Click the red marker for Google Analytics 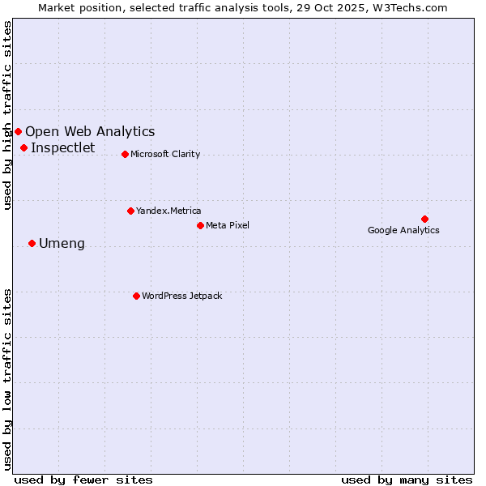click(424, 219)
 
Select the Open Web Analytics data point click(18, 131)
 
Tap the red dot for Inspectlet click(24, 147)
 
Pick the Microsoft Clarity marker click(125, 154)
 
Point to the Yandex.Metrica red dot click(130, 211)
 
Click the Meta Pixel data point click(200, 225)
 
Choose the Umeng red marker click(32, 243)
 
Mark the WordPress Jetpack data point click(136, 296)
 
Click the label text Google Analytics click(403, 230)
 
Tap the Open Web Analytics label click(90, 131)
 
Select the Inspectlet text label click(62, 147)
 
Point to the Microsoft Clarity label click(165, 154)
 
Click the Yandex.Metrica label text click(168, 211)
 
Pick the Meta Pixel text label click(228, 225)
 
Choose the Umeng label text click(62, 243)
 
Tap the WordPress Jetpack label click(181, 296)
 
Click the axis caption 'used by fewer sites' click(83, 480)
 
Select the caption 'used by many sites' click(407, 480)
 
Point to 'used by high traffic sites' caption click(8, 115)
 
